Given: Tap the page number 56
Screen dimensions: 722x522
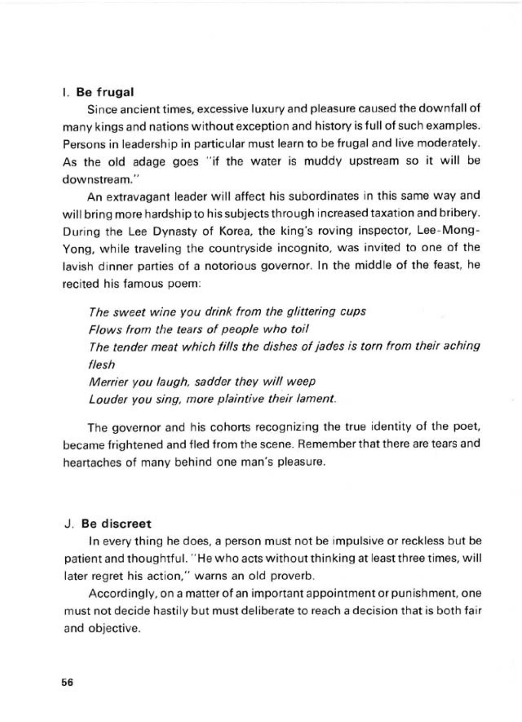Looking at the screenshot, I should [68, 682].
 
